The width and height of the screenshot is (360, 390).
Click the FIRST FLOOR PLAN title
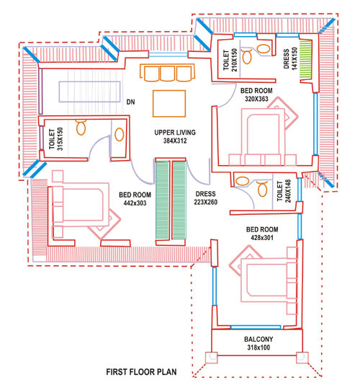pos(141,372)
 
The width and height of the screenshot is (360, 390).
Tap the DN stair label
pos(131,102)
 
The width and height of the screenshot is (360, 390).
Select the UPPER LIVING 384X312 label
pos(175,136)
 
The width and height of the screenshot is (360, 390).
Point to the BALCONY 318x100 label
pos(258,343)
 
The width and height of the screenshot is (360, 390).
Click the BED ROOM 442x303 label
pos(135,199)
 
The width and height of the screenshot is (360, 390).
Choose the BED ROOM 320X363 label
pos(256,94)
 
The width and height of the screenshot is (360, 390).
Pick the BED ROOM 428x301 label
pos(262,234)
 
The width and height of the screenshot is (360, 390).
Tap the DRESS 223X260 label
pos(206,198)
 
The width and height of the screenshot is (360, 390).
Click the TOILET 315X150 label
pos(56,139)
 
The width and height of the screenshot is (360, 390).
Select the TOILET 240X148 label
pos(284,191)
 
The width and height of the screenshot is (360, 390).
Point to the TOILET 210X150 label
pos(230,60)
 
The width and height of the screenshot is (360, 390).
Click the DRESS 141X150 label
pos(290,58)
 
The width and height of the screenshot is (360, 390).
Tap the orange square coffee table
pos(169,104)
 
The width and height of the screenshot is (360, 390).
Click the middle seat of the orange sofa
pos(168,74)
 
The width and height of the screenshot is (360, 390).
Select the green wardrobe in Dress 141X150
pos(305,58)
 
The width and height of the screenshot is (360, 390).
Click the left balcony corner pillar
pos(212,358)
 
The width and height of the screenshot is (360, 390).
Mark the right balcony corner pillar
pos(302,358)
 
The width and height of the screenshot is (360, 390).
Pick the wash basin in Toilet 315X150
pos(120,134)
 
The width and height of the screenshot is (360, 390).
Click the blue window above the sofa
pos(168,55)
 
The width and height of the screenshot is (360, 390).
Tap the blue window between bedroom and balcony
pos(256,327)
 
